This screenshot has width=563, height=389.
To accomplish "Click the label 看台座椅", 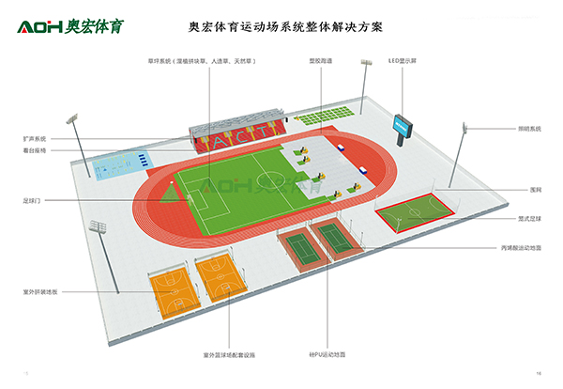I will tap(36, 150).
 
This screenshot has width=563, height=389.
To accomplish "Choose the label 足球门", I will tap(33, 200).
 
